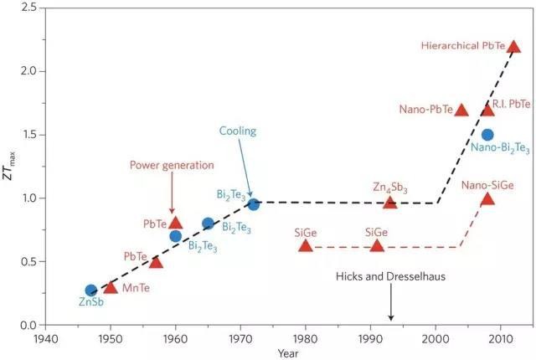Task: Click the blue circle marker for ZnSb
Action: [91, 291]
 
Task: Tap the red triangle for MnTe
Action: [111, 287]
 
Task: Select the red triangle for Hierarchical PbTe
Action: [514, 47]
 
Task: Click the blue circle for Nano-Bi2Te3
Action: [487, 135]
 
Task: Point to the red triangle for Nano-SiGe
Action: [487, 198]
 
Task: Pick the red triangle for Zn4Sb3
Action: [389, 202]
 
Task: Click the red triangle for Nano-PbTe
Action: [461, 110]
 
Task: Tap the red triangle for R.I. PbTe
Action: [487, 110]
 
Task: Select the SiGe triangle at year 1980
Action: [306, 246]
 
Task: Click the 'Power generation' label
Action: [172, 165]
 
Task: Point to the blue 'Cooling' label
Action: [238, 131]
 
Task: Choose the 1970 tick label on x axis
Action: [240, 338]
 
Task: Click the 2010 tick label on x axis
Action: [501, 338]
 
